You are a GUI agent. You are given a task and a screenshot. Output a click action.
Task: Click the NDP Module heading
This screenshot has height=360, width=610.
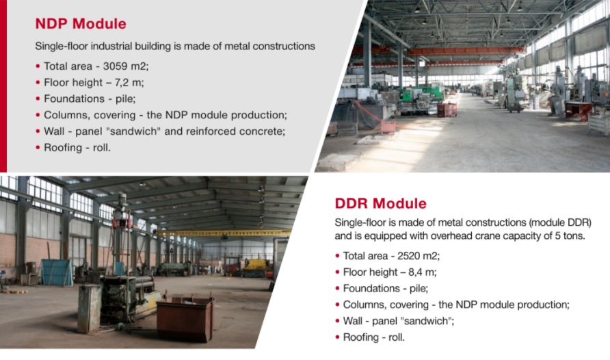(81, 24)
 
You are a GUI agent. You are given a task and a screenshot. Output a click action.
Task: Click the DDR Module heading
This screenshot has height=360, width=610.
(380, 203)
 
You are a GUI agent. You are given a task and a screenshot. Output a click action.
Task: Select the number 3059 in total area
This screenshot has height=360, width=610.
(115, 66)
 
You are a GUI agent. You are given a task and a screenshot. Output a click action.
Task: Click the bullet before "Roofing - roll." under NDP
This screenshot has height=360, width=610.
(38, 148)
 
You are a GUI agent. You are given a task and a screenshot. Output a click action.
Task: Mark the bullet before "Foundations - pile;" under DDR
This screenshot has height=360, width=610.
(337, 288)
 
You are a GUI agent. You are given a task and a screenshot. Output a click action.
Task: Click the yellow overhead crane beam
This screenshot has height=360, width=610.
(223, 233)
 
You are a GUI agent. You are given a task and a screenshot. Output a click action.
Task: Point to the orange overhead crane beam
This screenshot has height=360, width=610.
(440, 51)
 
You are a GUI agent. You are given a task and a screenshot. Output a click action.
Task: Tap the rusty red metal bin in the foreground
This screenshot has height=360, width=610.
(185, 318)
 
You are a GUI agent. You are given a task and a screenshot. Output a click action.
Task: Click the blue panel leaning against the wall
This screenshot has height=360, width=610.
(57, 272)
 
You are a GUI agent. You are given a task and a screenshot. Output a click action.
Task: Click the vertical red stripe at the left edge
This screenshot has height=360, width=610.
(3, 86)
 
